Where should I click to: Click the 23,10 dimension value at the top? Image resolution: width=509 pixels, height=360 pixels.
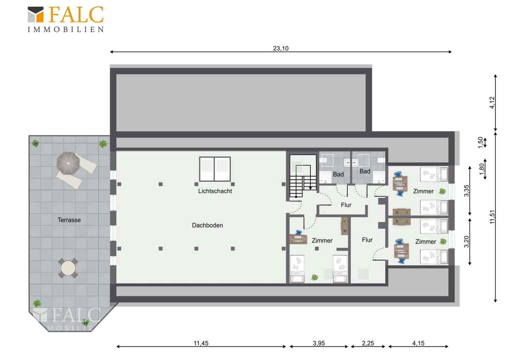click(280, 48)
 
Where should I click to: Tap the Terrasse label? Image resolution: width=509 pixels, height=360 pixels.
click(69, 220)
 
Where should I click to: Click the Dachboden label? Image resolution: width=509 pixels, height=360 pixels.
click(208, 225)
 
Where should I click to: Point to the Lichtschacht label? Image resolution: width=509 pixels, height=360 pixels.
click(215, 191)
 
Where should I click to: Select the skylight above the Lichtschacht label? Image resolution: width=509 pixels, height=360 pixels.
click(215, 169)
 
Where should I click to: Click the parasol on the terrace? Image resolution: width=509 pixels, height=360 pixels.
click(68, 163)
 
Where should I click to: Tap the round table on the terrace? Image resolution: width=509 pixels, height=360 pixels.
click(68, 268)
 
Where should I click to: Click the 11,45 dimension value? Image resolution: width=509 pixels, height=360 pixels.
click(201, 343)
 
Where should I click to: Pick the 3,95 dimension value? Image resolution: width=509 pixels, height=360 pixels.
click(319, 343)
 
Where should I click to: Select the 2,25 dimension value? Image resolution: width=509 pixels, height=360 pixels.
click(368, 343)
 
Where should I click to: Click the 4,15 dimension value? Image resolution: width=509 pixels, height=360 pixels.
click(418, 343)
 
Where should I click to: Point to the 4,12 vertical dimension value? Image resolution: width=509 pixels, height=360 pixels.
click(492, 103)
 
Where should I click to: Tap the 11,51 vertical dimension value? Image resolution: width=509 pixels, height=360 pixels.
click(492, 217)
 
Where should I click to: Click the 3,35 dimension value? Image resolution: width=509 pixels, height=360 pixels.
click(466, 191)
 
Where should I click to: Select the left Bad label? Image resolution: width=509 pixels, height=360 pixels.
click(338, 174)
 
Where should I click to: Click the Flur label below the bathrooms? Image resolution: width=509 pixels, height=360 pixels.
click(346, 205)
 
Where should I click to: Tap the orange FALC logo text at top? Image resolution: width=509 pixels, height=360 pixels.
click(76, 14)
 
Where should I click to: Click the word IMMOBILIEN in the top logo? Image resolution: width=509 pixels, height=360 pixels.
click(66, 30)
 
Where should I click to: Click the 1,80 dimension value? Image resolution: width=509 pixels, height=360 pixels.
click(482, 169)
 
